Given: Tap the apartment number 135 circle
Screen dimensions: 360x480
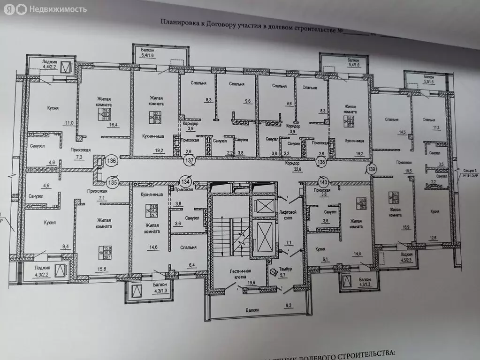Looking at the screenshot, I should (x=112, y=181).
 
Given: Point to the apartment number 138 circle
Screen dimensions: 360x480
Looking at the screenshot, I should (x=321, y=162).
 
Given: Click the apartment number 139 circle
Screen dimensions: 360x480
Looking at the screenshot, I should (x=372, y=169).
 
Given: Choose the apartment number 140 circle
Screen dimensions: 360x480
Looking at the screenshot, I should (x=309, y=180).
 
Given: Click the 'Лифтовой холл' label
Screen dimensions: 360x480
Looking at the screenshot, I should (x=287, y=214).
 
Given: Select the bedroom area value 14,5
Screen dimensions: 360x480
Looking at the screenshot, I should (x=402, y=133).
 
